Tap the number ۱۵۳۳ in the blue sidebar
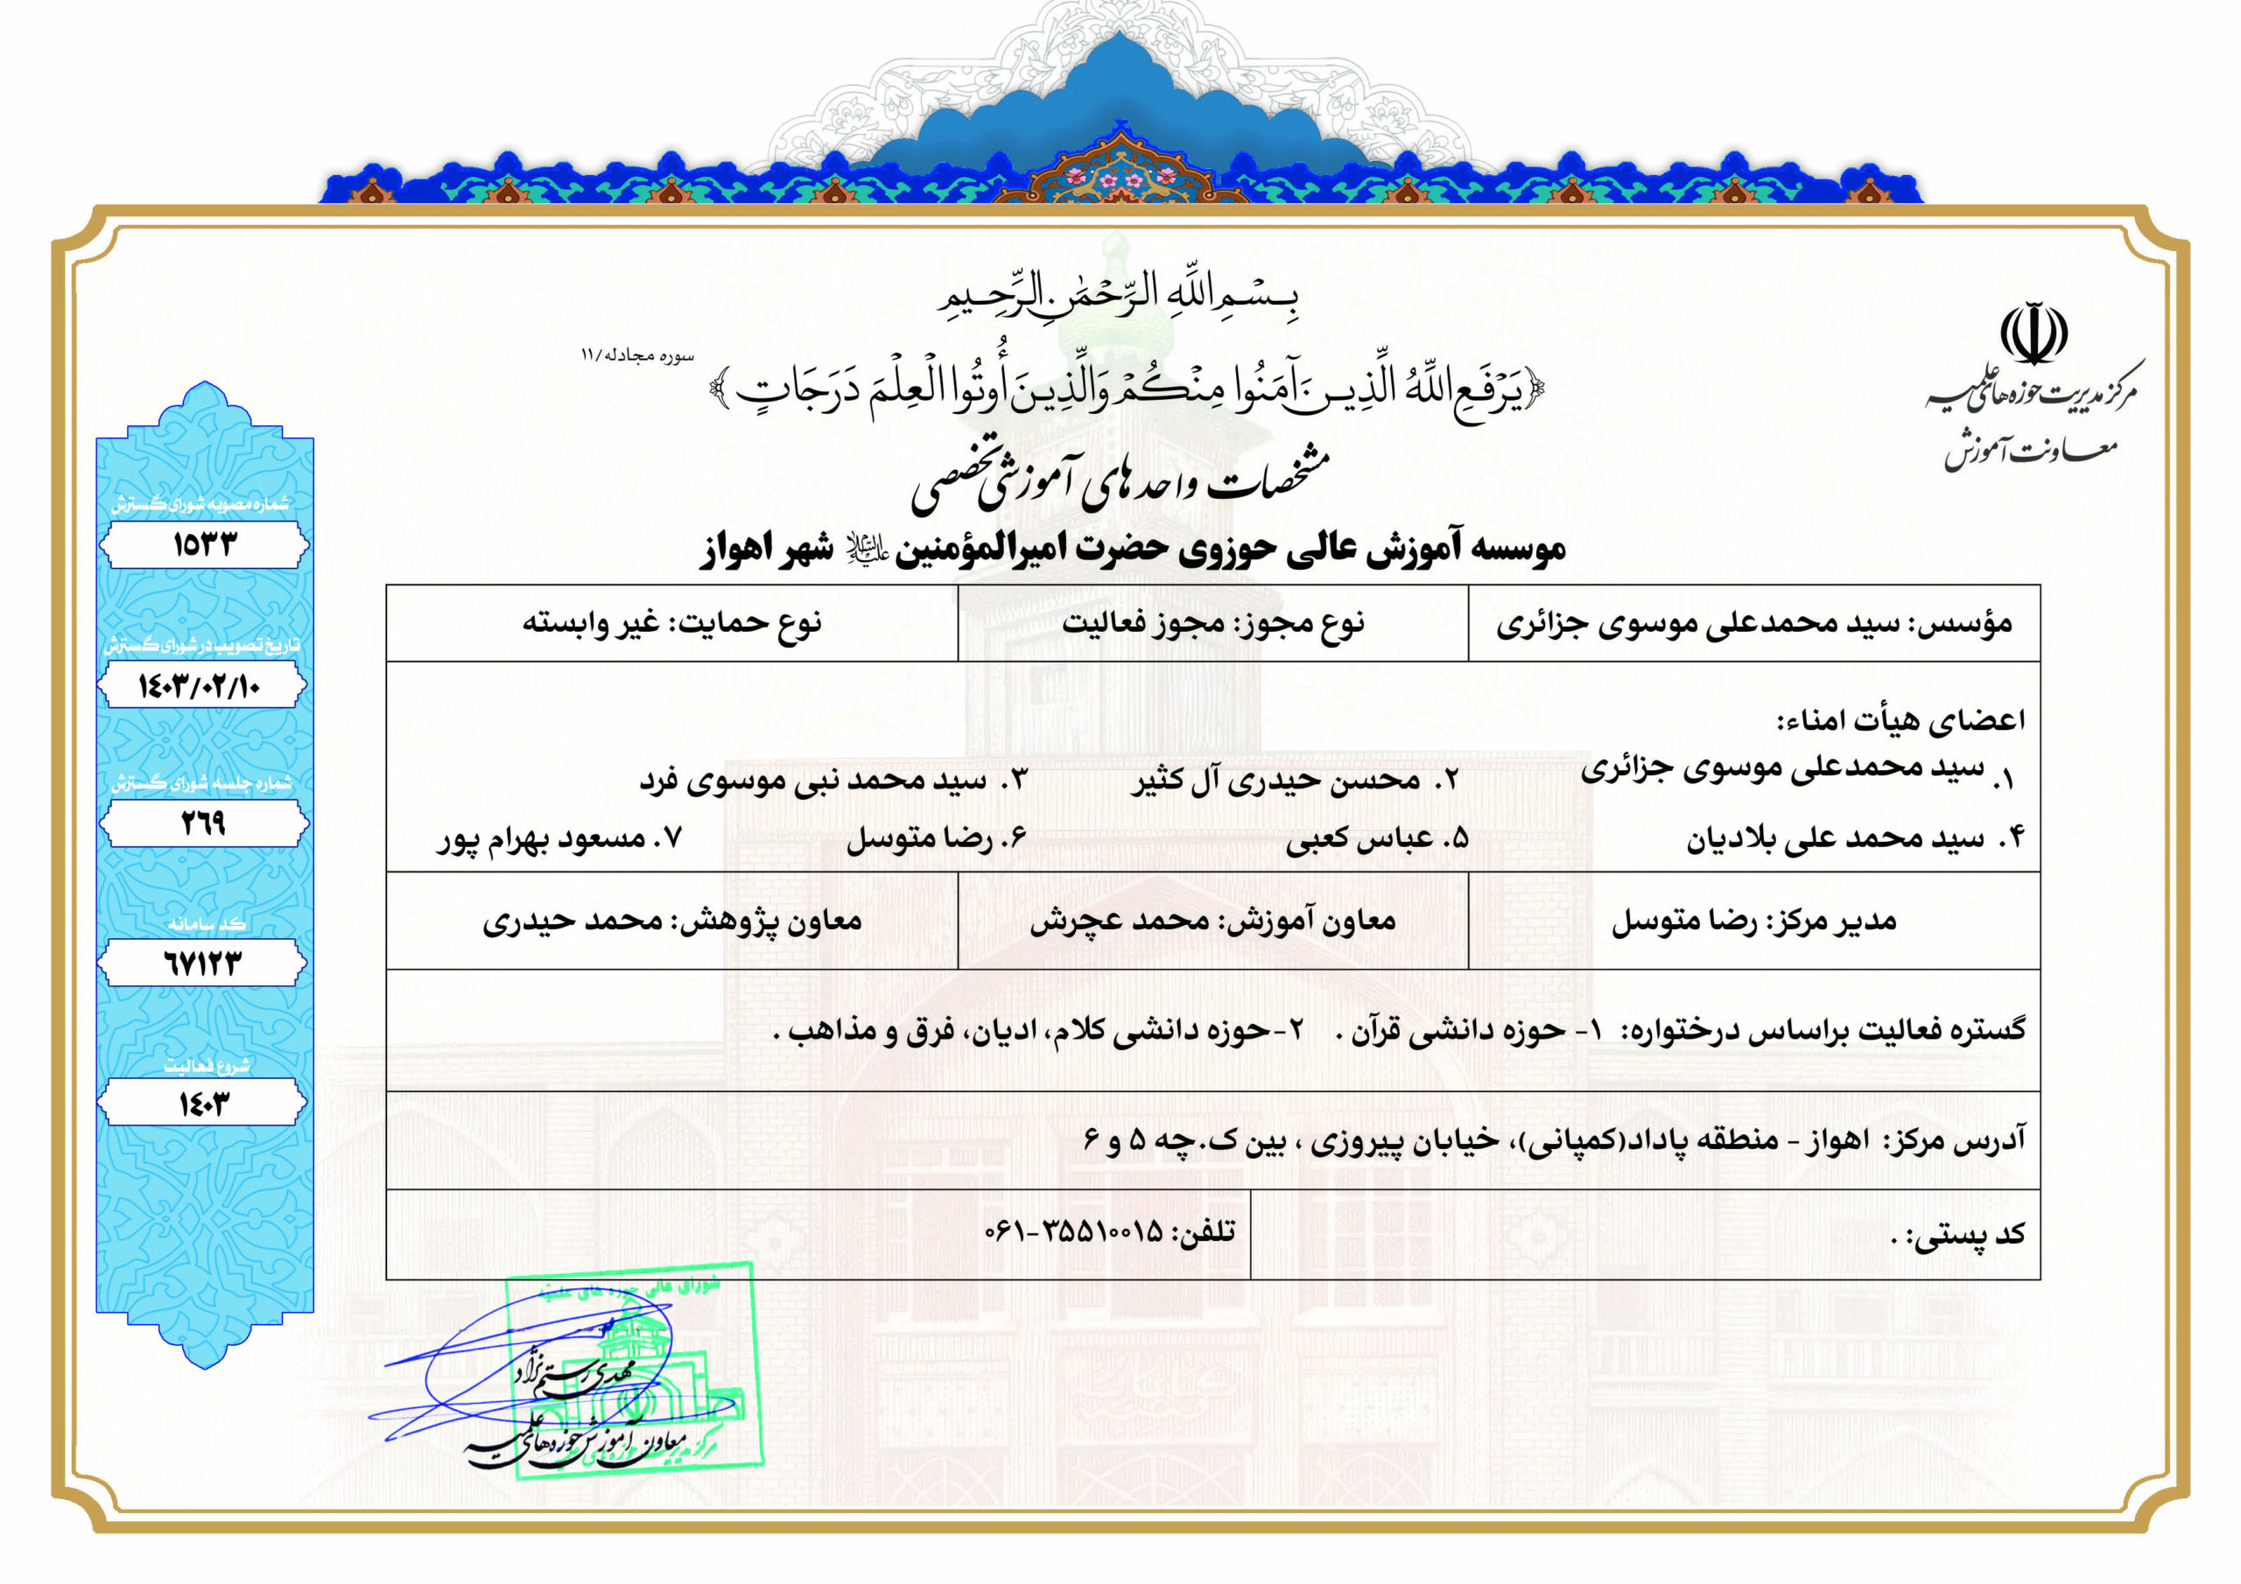coord(204,544)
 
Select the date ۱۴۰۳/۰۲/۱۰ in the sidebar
coord(200,686)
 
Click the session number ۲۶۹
coord(203,824)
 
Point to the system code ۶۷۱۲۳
coord(202,964)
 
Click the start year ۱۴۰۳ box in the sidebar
coord(203,1104)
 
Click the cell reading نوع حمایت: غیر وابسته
coord(671,623)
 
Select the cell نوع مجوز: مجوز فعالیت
coord(1212,623)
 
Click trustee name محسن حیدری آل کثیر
coord(1276,780)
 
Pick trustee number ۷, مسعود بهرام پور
coord(559,839)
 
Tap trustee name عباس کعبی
coord(1359,839)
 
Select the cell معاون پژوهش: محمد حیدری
coord(671,921)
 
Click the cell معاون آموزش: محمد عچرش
coord(1212,921)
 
